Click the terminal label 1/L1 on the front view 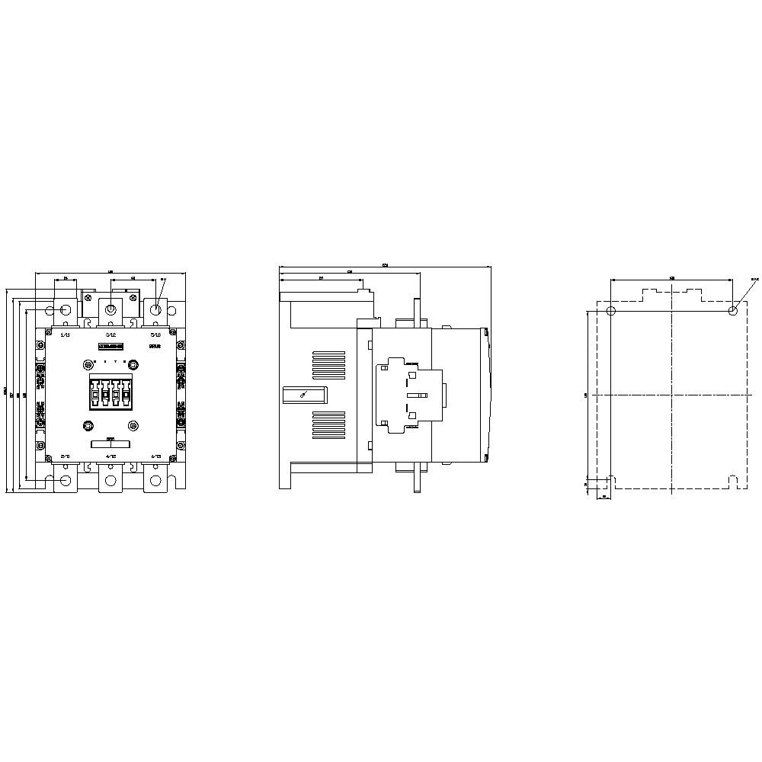(65, 334)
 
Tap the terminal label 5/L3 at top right (155, 334)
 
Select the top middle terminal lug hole (110, 309)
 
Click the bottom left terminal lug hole (66, 480)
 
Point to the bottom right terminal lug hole (156, 480)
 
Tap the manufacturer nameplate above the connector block (111, 347)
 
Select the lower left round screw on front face (88, 425)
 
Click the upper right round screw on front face (133, 360)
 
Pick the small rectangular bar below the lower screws (110, 443)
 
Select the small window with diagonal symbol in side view (304, 394)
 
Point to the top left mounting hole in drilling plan (610, 311)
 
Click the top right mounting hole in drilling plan (732, 311)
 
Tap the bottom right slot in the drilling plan (732, 482)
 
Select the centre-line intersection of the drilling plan (671, 395)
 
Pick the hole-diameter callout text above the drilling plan (754, 280)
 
